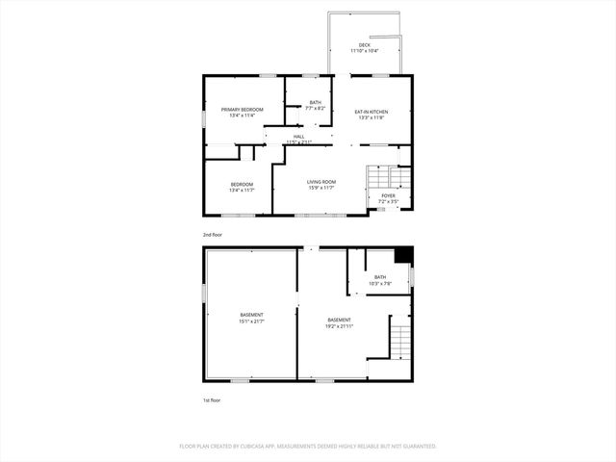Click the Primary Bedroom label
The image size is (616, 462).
(x=242, y=110)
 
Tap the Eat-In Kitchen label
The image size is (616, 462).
(x=371, y=112)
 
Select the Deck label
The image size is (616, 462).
(x=365, y=44)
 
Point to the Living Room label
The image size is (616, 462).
(x=321, y=182)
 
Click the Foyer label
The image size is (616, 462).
(x=388, y=195)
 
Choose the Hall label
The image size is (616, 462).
(x=299, y=137)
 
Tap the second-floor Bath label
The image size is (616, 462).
(x=316, y=102)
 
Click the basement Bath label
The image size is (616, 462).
(x=380, y=277)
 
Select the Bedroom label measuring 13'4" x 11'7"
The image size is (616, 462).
(x=242, y=184)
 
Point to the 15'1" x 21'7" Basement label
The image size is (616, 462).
(x=251, y=315)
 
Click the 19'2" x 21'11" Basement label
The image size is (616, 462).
(x=339, y=320)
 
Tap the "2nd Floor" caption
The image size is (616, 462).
(x=212, y=235)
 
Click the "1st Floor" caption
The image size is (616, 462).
(x=212, y=398)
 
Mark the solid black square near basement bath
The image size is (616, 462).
(x=405, y=255)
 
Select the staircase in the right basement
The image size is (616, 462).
(x=399, y=342)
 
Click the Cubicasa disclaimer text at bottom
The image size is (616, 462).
(x=308, y=447)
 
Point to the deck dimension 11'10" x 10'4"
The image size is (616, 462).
(x=365, y=50)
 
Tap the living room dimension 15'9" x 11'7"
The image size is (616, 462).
(x=321, y=188)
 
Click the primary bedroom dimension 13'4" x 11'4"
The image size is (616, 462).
(x=242, y=115)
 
